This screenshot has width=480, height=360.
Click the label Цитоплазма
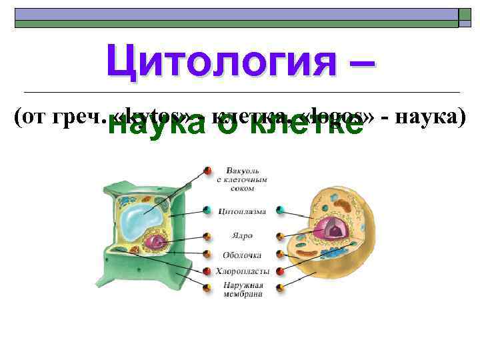242,211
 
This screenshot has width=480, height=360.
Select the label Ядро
241,235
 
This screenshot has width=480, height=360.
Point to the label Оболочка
242,254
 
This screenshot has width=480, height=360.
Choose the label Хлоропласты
242,271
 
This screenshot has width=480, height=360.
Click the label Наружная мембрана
242,289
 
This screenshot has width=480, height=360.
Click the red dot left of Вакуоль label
208,170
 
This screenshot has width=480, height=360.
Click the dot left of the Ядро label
208,236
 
